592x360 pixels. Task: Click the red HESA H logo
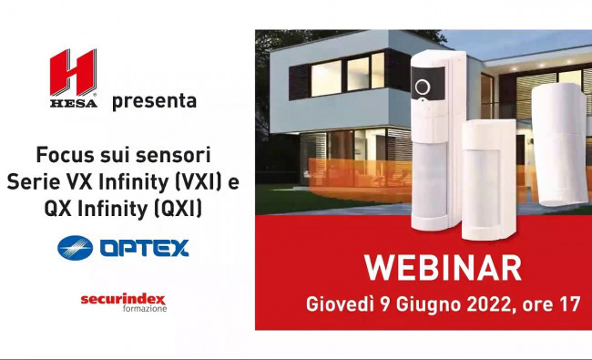coord(73,73)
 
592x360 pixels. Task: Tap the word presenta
coord(155,101)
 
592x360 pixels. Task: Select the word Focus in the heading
coord(65,155)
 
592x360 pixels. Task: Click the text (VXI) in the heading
coord(199,182)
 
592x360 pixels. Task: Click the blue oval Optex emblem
coord(75,248)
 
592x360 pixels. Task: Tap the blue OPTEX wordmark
coord(144,248)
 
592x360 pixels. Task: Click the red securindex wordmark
coord(123,300)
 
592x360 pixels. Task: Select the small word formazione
coord(145,309)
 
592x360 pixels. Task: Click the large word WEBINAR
coord(443,268)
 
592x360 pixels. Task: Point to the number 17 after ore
coord(570,304)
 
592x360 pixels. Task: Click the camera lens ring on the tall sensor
coord(423,87)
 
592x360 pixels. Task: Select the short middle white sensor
coord(489,180)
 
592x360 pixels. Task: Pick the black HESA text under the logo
coord(73,103)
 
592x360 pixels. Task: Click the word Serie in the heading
coord(33,182)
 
